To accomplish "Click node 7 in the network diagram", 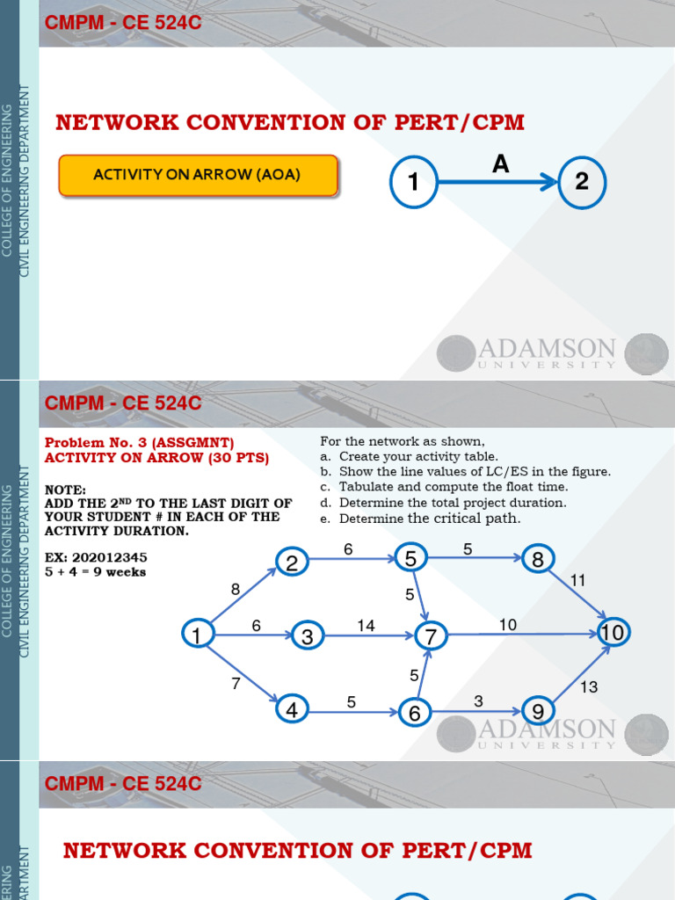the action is pos(431,635).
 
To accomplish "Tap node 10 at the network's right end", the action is pos(612,632).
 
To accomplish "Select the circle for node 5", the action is pos(410,558).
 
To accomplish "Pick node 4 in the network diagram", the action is pos(291,709).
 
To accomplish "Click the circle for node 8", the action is pos(538,559).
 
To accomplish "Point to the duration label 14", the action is pos(366,625).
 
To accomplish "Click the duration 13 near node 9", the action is pos(588,686).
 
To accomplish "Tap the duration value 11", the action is pos(577,580).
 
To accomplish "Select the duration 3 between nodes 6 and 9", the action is pos(478,700).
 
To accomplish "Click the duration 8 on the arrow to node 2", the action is pos(236,590).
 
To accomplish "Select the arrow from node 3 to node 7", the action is pos(369,635).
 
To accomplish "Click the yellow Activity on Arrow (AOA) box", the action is pos(198,175).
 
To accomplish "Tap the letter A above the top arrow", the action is pos(500,163).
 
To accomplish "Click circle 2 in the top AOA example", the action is pos(582,182).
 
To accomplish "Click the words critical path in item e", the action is pos(477,519).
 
